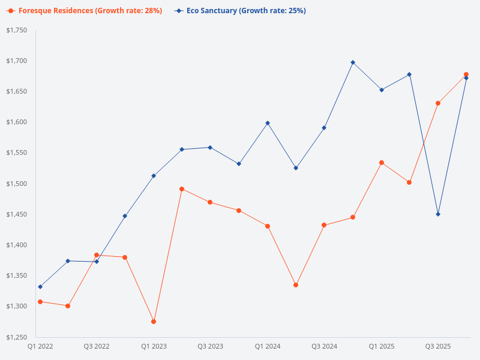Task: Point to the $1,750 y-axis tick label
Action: pos(16,30)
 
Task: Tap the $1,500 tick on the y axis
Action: pos(16,184)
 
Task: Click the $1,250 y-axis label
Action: pos(16,337)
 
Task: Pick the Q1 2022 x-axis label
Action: pos(40,346)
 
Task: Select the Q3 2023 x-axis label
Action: pos(211,346)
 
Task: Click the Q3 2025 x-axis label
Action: pos(438,346)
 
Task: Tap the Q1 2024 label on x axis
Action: pos(268,346)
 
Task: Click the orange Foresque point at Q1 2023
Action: pos(154,322)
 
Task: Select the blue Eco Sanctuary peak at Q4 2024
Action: pos(353,62)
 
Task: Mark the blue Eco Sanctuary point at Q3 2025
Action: pos(438,214)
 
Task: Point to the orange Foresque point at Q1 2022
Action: pos(40,302)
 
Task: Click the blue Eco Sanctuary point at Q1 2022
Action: pos(40,287)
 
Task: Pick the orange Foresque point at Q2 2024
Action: pos(296,285)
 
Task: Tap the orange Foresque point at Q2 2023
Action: pos(182,189)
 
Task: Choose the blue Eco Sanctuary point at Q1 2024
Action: pos(268,123)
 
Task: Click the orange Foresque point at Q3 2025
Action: pos(438,103)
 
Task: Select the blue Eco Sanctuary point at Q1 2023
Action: pos(154,176)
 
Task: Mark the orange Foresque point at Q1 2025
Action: pos(382,163)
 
